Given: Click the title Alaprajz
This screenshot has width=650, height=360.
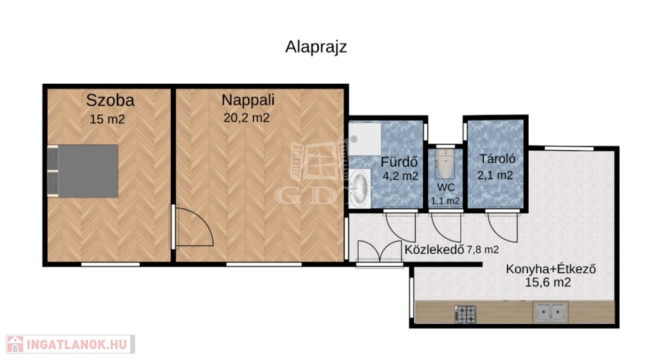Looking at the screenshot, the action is [x=316, y=47].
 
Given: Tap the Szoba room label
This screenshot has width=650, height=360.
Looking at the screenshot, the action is [x=110, y=100].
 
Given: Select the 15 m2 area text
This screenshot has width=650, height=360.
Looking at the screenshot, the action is [x=107, y=119].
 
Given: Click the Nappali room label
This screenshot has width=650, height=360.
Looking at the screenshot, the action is [x=248, y=100].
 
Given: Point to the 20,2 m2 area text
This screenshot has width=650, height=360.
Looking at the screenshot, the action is [x=247, y=118].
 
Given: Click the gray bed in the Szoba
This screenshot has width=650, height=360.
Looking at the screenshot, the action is [x=83, y=171].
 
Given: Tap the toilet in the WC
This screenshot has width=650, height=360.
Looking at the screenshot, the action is [x=445, y=163].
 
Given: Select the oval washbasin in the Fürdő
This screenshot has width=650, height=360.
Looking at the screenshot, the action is [x=359, y=189].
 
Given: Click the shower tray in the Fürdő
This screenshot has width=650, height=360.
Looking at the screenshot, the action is [x=365, y=139].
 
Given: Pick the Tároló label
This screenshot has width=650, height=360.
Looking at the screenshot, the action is [x=498, y=159].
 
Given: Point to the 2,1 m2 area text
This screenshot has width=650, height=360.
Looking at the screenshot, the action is [x=495, y=175].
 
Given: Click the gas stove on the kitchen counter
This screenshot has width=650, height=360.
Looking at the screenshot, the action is [x=465, y=314].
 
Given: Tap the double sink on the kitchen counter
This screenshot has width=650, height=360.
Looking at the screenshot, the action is [x=550, y=312].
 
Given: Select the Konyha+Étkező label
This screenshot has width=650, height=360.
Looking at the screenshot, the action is [x=551, y=269].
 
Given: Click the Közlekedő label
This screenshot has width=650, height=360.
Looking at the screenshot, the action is [x=434, y=250].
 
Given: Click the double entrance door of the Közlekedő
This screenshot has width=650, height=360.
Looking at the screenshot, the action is [x=380, y=252].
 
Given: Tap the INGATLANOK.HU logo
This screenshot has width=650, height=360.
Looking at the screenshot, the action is [x=70, y=344].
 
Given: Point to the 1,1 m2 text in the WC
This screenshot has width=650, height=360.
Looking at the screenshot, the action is [x=445, y=201].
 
